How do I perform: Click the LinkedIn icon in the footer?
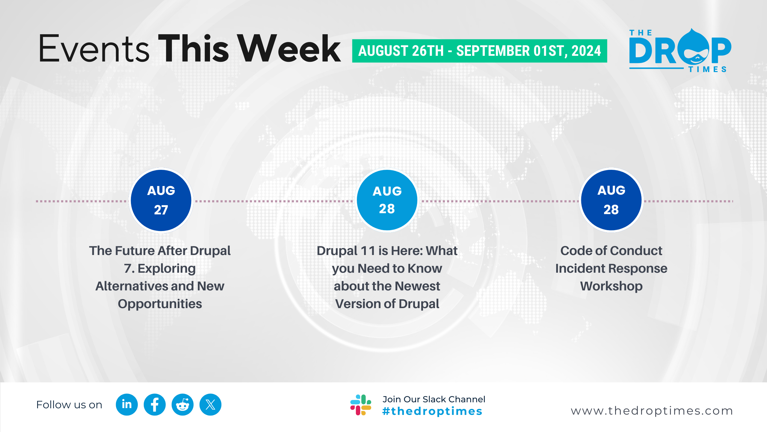tap(127, 404)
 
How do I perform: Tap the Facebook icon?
tap(155, 404)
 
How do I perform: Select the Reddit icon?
tap(182, 404)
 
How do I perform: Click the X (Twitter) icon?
tap(210, 404)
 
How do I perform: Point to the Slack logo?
tap(361, 405)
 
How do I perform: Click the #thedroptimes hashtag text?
tap(432, 411)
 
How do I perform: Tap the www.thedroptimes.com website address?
tap(652, 411)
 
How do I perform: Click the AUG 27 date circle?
tap(161, 200)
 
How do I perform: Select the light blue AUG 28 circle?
tap(387, 200)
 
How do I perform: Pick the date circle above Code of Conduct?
tap(611, 200)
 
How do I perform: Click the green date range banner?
tap(479, 51)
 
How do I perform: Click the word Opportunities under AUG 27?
tap(160, 304)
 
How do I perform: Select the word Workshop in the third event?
tap(611, 286)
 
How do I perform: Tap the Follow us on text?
tap(69, 405)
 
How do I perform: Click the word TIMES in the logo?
tap(707, 70)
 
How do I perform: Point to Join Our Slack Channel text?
tap(434, 399)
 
